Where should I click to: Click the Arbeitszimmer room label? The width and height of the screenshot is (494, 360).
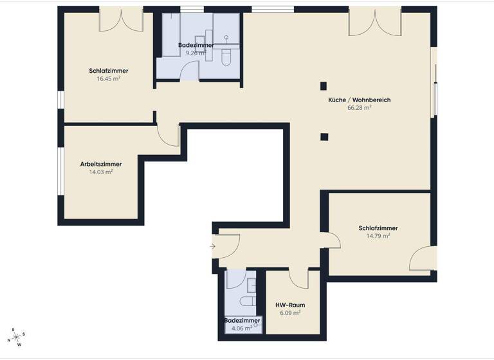(x=101, y=164)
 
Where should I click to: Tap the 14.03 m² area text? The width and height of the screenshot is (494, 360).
(x=101, y=172)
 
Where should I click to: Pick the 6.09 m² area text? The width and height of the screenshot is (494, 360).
(x=290, y=313)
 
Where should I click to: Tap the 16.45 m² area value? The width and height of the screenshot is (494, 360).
(x=108, y=78)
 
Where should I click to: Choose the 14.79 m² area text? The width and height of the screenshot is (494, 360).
(x=378, y=236)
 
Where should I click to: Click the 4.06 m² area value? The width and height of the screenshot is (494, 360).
(x=242, y=327)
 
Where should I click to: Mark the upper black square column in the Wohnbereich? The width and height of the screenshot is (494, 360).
(x=324, y=85)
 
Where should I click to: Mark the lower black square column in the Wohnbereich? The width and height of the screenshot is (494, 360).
(x=324, y=136)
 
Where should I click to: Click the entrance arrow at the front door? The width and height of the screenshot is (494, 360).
(x=213, y=246)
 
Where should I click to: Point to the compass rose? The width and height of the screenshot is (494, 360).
(x=17, y=336)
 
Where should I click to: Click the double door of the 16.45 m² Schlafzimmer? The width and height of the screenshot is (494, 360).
(x=121, y=19)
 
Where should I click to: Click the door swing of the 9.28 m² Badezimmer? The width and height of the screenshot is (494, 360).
(x=189, y=71)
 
